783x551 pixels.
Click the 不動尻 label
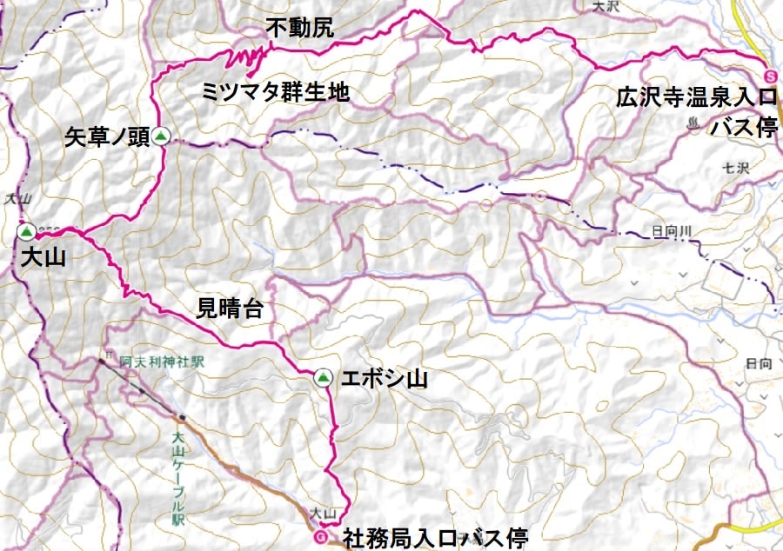(299, 28)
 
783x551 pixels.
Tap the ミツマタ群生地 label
(276, 91)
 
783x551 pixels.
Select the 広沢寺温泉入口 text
(696, 96)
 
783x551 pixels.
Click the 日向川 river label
(670, 231)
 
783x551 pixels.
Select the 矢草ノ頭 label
(106, 136)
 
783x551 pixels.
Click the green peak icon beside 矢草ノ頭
(160, 136)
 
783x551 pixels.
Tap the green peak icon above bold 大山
(26, 231)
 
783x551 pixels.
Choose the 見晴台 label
(231, 308)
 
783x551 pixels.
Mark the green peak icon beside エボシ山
(323, 378)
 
